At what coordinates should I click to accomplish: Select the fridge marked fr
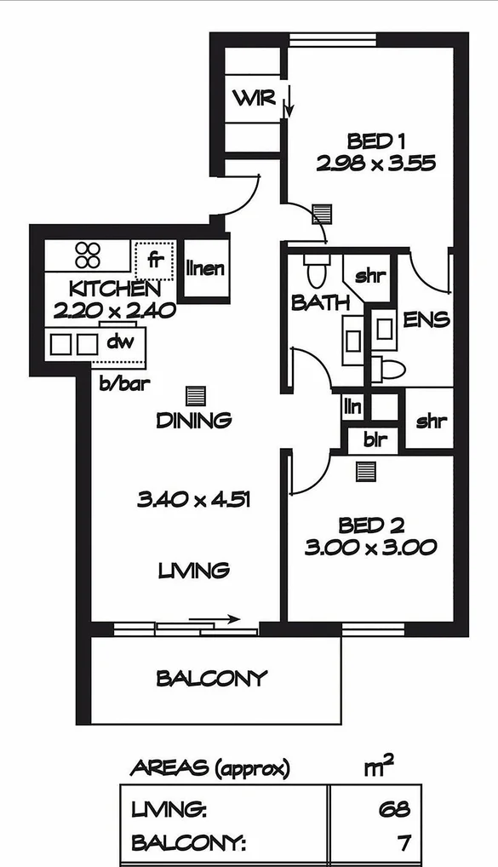(x=155, y=256)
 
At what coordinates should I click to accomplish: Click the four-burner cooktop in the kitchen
(x=88, y=255)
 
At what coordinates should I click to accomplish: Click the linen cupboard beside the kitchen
(x=205, y=269)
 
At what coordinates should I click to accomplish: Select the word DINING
(x=194, y=421)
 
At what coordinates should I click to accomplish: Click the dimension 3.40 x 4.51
(x=194, y=500)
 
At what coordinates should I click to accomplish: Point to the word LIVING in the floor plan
(x=194, y=570)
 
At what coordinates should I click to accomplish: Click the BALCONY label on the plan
(x=212, y=679)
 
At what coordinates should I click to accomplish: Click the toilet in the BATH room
(x=316, y=270)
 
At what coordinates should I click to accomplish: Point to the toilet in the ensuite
(x=392, y=369)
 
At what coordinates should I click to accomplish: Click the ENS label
(x=426, y=321)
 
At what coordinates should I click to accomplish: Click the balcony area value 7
(x=404, y=844)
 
